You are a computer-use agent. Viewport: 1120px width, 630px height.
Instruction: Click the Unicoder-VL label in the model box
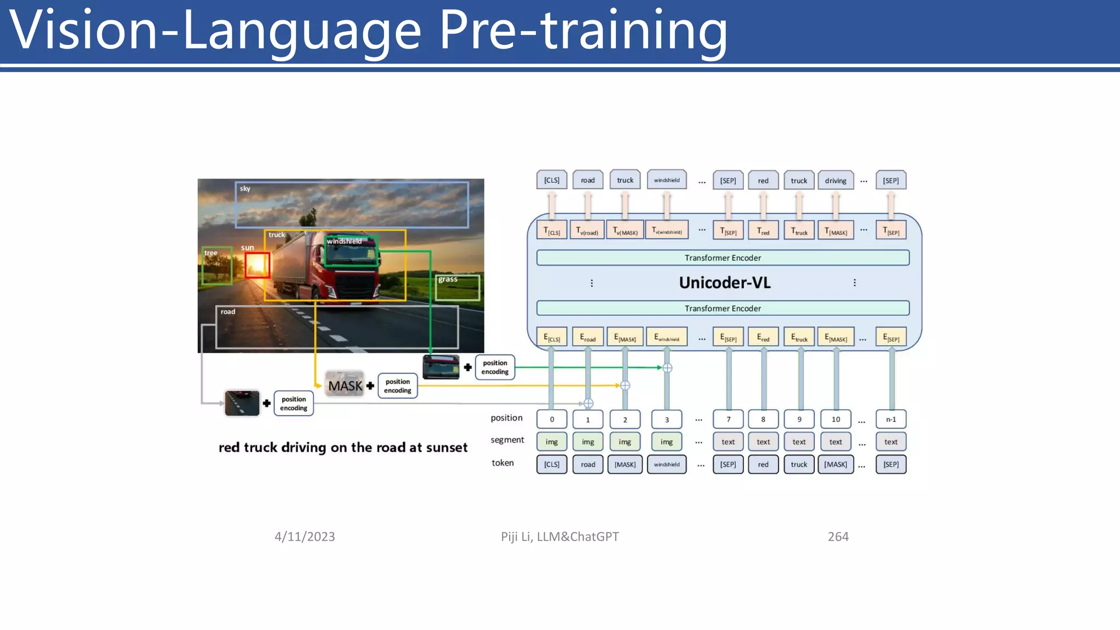pos(724,283)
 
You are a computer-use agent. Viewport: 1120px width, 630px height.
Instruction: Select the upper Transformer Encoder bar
pos(722,258)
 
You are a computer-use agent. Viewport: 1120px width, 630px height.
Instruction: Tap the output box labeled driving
pos(835,180)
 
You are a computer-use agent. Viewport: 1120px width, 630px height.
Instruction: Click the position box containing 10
pos(836,419)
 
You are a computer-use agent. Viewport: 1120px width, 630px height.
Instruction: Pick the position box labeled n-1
pos(890,419)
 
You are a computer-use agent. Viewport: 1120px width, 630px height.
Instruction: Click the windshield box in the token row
pos(667,464)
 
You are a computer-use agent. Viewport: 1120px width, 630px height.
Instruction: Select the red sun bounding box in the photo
pos(257,265)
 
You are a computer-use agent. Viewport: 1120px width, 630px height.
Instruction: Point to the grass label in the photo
pos(447,279)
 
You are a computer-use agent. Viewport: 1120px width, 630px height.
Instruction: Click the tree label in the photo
pos(211,253)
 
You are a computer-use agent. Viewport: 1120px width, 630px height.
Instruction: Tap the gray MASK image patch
pos(345,385)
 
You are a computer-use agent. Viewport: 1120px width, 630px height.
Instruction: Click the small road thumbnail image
pos(242,403)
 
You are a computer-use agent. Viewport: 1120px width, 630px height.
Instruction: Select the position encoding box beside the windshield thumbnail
pos(494,367)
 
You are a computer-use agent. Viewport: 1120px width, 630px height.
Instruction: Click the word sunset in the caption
pos(446,447)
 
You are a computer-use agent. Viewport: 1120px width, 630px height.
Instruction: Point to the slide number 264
pos(838,536)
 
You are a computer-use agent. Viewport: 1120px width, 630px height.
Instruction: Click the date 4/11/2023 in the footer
pos(305,536)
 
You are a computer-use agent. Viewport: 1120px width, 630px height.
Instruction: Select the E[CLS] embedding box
pos(551,337)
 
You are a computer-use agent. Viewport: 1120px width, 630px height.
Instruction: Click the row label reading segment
pos(507,440)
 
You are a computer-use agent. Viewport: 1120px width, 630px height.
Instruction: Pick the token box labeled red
pos(763,464)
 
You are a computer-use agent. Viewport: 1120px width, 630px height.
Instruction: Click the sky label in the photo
pos(245,189)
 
